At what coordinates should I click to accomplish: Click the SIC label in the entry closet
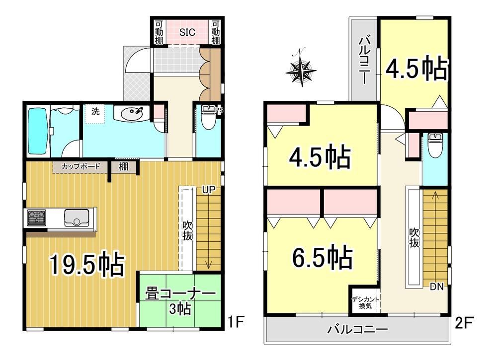(x=187, y=32)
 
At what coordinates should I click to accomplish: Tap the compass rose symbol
(x=301, y=69)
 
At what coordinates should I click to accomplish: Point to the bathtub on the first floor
(x=38, y=131)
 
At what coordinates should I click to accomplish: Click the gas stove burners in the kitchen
(x=37, y=217)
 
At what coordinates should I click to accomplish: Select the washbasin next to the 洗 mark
(x=131, y=113)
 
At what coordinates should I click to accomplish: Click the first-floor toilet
(x=208, y=117)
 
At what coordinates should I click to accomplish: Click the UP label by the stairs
(x=209, y=190)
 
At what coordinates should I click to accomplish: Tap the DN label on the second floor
(x=436, y=287)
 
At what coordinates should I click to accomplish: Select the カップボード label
(x=81, y=166)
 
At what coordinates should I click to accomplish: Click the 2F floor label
(x=464, y=323)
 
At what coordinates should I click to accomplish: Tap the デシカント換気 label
(x=365, y=302)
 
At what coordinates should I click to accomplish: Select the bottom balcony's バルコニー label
(x=357, y=330)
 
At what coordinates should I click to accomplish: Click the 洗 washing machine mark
(x=95, y=111)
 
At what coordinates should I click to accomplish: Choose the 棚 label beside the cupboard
(x=124, y=167)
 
